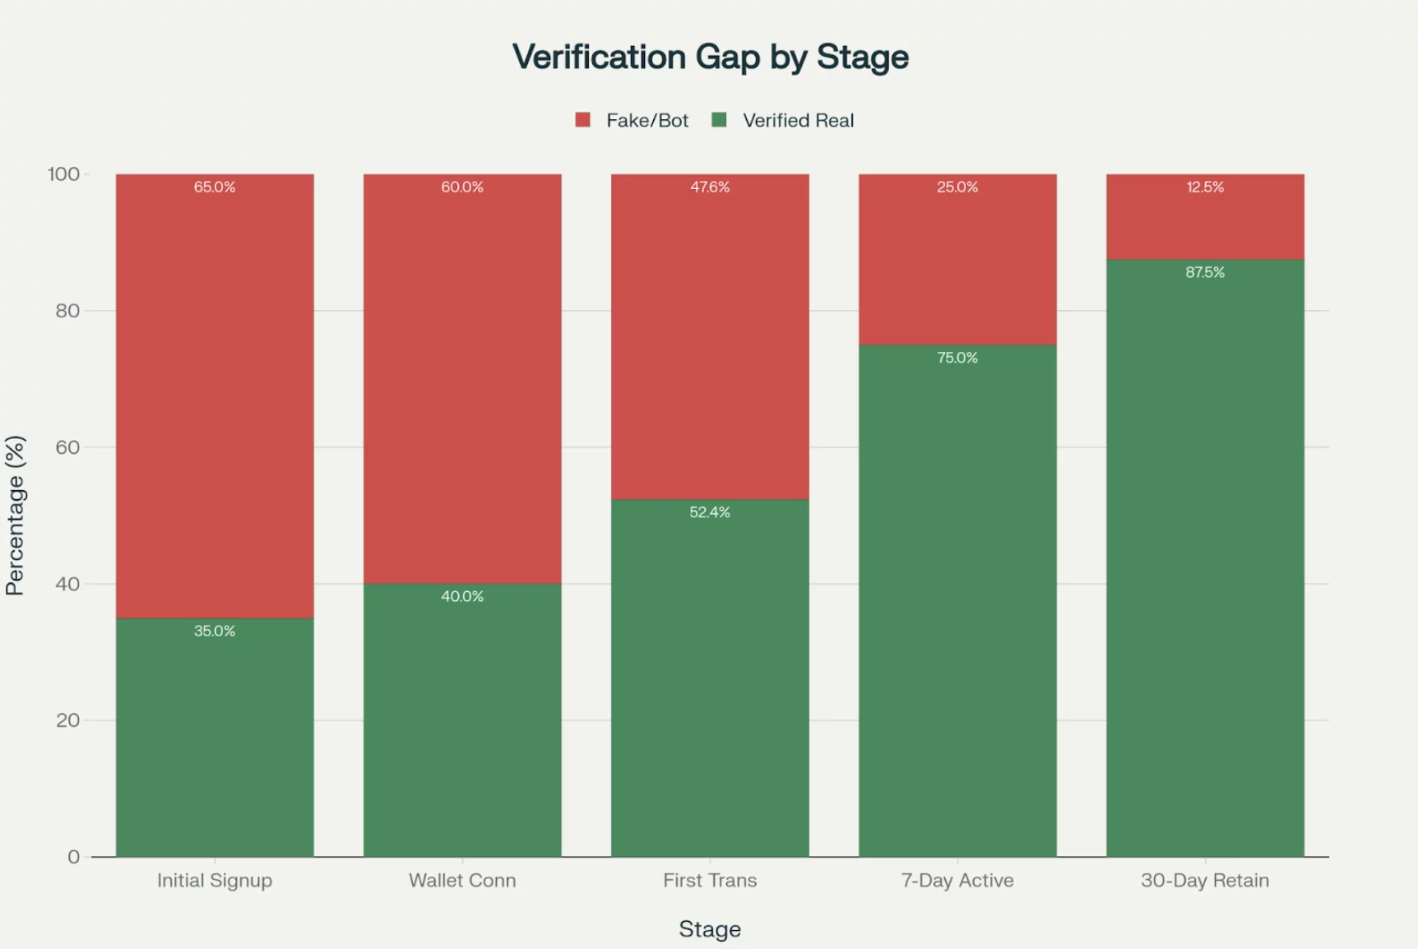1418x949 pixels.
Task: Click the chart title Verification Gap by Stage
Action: coord(710,57)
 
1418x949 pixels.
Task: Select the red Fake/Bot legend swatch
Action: coord(582,120)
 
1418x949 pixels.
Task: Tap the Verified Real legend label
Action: coord(798,120)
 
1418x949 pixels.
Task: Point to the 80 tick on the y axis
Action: coord(67,311)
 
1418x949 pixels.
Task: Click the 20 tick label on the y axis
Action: coord(67,720)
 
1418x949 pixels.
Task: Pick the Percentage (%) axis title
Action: coord(16,515)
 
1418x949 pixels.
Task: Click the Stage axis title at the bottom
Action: coord(710,928)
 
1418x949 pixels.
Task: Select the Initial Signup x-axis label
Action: coord(215,880)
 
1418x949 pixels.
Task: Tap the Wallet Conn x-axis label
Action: coord(462,880)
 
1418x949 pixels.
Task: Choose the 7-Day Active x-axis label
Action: coord(957,880)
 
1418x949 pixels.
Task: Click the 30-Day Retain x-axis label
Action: coord(1205,880)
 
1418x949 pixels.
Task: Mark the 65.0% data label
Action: coord(215,187)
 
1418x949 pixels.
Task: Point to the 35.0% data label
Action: coord(215,631)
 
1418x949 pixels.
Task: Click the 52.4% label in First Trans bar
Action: coord(710,512)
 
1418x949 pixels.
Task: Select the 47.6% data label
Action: coord(710,187)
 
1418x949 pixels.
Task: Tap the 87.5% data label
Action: coord(1205,272)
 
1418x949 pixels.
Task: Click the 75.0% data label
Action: coord(957,358)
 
